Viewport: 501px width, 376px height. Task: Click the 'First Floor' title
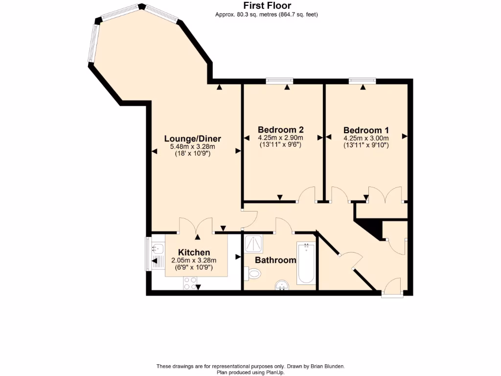point(267,6)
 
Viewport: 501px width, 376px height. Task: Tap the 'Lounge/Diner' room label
point(193,139)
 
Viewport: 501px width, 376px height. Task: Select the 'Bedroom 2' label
point(281,130)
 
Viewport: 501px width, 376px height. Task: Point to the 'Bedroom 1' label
point(366,130)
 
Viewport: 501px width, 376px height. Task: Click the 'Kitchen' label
point(194,252)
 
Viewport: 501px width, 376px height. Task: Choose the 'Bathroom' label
point(275,260)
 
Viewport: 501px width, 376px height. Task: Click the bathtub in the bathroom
point(306,263)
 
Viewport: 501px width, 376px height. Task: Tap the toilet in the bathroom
point(253,273)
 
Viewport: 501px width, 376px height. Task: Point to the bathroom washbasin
point(282,284)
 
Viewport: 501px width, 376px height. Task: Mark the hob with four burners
point(190,283)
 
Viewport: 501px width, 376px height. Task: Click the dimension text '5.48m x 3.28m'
point(193,146)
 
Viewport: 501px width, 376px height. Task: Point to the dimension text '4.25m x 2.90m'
point(281,138)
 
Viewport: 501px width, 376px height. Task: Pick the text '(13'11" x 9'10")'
point(366,145)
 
